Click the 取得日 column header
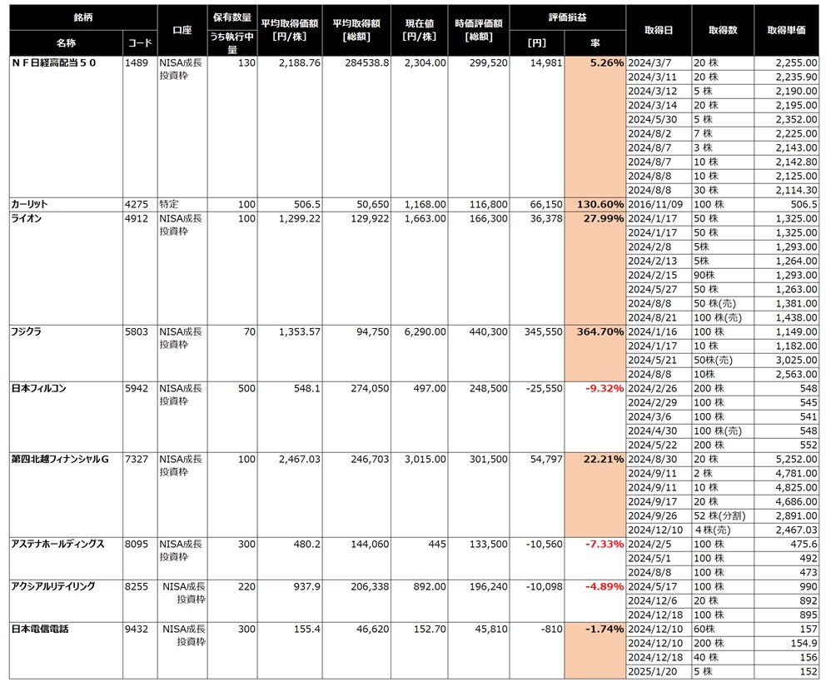pyautogui.click(x=658, y=29)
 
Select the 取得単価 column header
pyautogui.click(x=786, y=29)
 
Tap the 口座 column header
pyautogui.click(x=182, y=29)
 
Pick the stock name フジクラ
pyautogui.click(x=27, y=331)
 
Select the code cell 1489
pyautogui.click(x=136, y=62)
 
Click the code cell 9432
pyautogui.click(x=136, y=629)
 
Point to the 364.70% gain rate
pyautogui.click(x=600, y=331)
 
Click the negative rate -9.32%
pyautogui.click(x=604, y=388)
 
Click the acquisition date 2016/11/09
pyautogui.click(x=655, y=204)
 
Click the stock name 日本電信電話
pyautogui.click(x=39, y=629)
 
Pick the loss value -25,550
pyautogui.click(x=540, y=388)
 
